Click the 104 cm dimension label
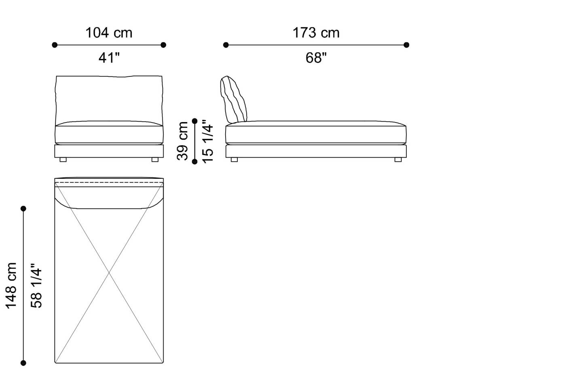point(109,33)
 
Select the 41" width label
point(109,58)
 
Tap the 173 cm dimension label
point(316,33)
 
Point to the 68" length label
point(316,58)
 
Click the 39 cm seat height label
point(183,141)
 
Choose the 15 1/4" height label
point(207,141)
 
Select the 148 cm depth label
point(11,285)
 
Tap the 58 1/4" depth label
point(36,285)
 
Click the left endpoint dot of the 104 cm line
point(55,45)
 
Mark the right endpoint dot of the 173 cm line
point(406,45)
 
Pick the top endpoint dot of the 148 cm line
point(23,209)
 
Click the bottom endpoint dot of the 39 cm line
point(195,162)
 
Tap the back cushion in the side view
point(233,99)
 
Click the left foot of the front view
point(63,160)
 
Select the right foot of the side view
point(398,160)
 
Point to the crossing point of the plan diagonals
point(109,273)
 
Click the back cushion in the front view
point(109,98)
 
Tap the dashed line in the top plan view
point(109,183)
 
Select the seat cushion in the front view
point(109,133)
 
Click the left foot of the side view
point(234,160)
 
